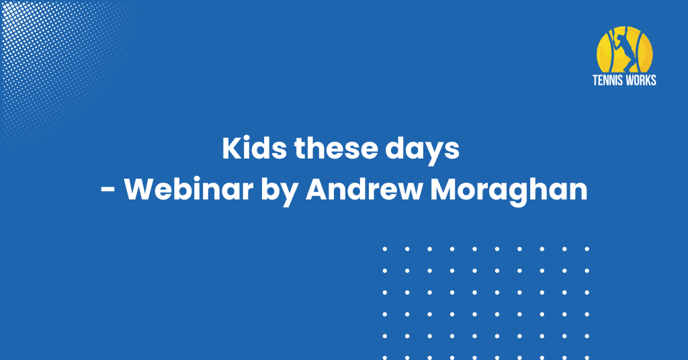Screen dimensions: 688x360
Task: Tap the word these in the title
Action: tap(336, 148)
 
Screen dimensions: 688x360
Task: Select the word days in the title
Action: tap(423, 151)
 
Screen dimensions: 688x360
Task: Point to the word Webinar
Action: tap(189, 189)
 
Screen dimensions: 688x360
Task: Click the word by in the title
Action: tap(279, 191)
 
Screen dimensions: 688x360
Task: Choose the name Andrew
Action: tap(363, 189)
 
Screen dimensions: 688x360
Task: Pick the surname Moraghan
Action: tap(509, 191)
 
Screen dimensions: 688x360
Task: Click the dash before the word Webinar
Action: tap(108, 191)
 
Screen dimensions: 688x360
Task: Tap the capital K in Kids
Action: tap(231, 148)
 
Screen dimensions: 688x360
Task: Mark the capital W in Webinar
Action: tap(140, 189)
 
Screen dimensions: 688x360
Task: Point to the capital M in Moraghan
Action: tap(443, 189)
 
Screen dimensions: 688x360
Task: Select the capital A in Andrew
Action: tap(317, 189)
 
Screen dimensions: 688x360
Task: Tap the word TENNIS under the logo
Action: tap(607, 80)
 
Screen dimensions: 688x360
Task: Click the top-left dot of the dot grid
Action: tap(385, 249)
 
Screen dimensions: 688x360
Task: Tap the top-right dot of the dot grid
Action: tap(587, 249)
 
